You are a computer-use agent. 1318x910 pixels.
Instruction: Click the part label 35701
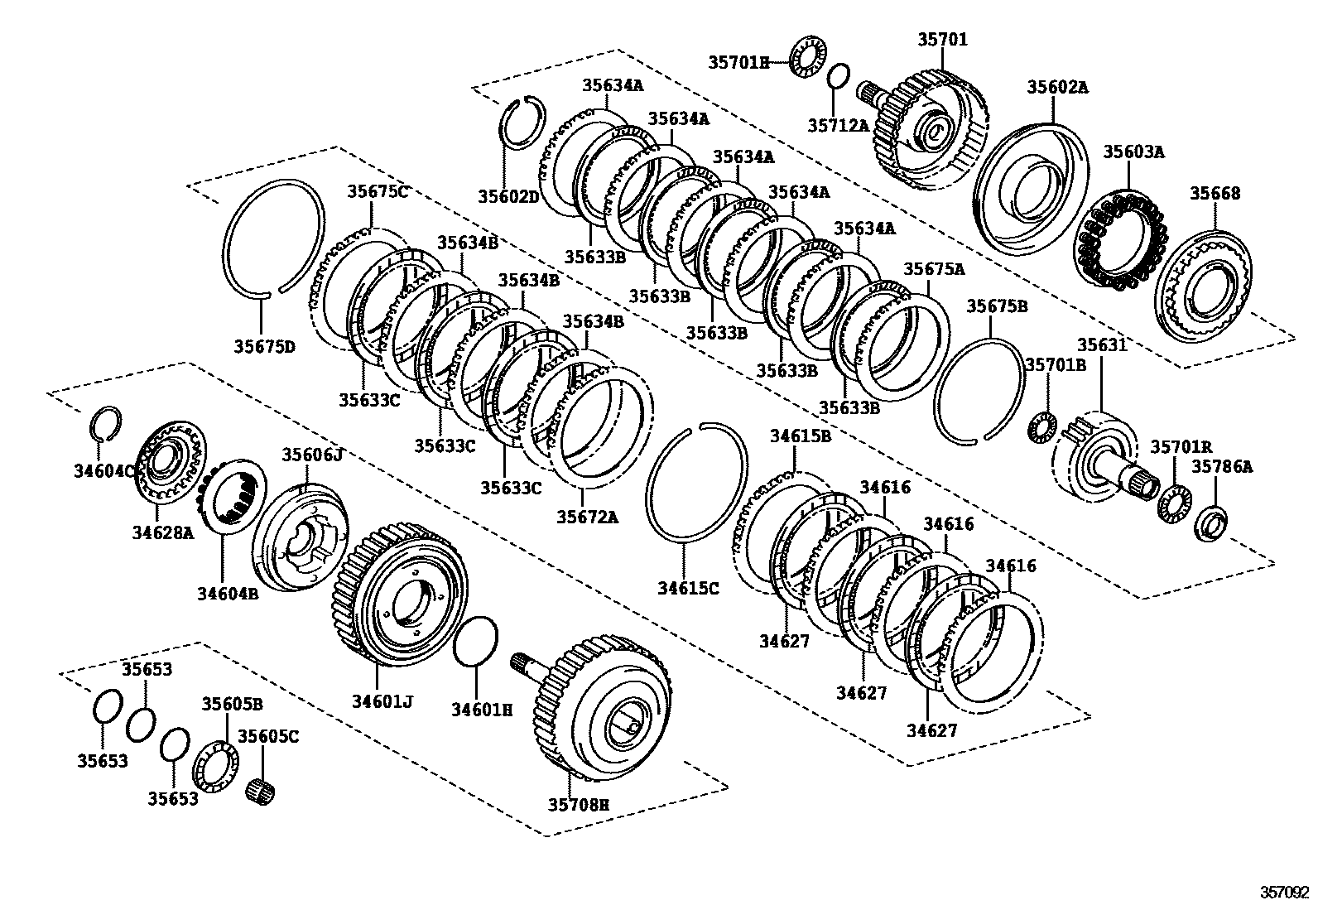point(942,39)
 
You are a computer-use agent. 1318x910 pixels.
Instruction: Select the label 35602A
point(1057,86)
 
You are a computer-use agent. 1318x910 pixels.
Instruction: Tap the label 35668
point(1215,193)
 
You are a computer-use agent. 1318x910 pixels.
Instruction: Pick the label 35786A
point(1222,467)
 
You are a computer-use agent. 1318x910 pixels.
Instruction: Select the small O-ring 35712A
point(838,75)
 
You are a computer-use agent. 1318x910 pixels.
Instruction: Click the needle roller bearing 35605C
point(262,790)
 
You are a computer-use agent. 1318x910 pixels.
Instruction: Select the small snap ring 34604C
point(106,422)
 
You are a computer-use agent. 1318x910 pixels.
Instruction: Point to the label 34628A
point(163,532)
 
